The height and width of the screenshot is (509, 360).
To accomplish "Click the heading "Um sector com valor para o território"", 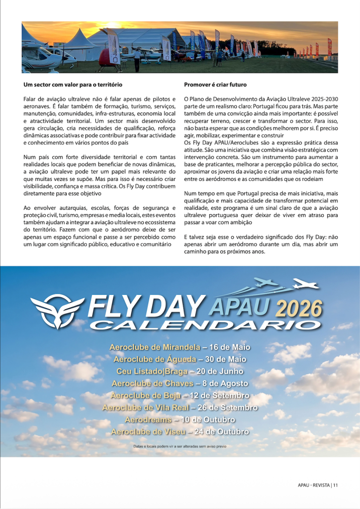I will coord(73,85).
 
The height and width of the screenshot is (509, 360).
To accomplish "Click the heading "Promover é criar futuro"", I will coord(215,85).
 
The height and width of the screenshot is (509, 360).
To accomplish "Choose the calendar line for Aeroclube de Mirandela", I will coord(180,346).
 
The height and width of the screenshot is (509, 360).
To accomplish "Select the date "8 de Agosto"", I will coord(227,383).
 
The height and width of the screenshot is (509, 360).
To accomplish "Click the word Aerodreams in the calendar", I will coord(147,420).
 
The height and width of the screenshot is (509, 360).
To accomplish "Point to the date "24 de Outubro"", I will coord(220,432).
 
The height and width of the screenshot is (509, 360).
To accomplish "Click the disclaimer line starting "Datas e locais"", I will coord(180,446).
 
